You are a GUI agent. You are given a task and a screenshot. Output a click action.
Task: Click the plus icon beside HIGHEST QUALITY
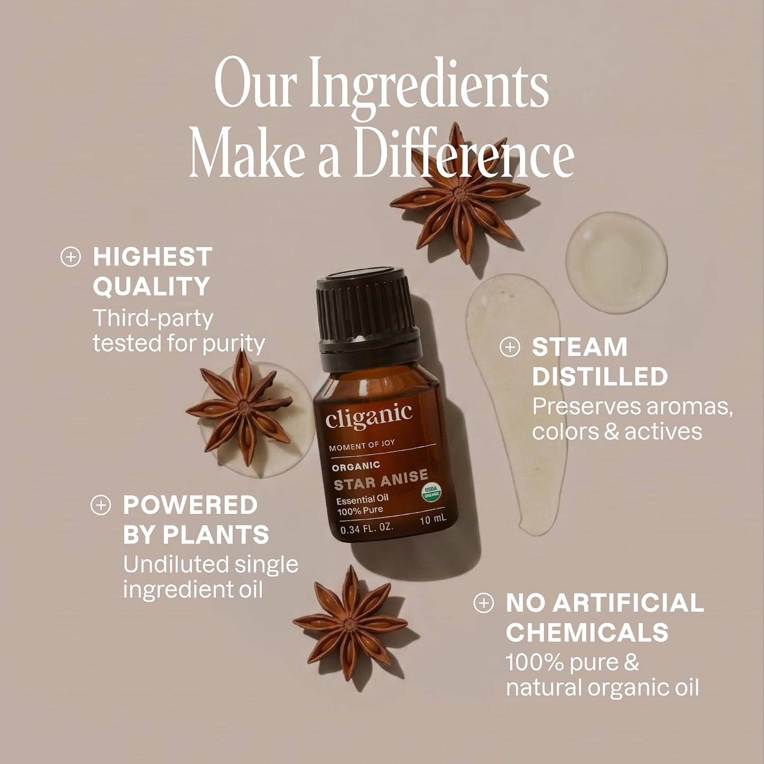point(70,257)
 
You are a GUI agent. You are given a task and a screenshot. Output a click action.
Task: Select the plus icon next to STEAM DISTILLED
point(510,347)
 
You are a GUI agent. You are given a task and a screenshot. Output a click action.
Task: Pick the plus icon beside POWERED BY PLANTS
point(100,505)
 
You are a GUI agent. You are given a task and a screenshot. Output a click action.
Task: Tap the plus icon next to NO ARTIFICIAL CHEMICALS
point(484,603)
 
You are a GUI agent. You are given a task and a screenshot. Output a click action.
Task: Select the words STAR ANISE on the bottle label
point(381,478)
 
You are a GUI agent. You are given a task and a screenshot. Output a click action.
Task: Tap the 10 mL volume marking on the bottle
point(433,519)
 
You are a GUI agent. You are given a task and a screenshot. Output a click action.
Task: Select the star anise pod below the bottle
point(350,625)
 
